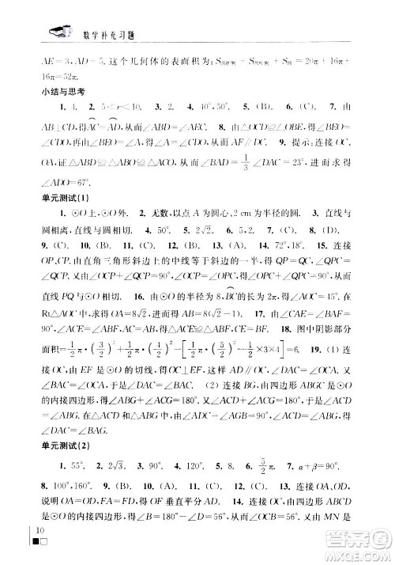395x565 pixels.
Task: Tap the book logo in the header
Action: coord(59,32)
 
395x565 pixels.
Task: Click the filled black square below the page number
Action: coord(33,544)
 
